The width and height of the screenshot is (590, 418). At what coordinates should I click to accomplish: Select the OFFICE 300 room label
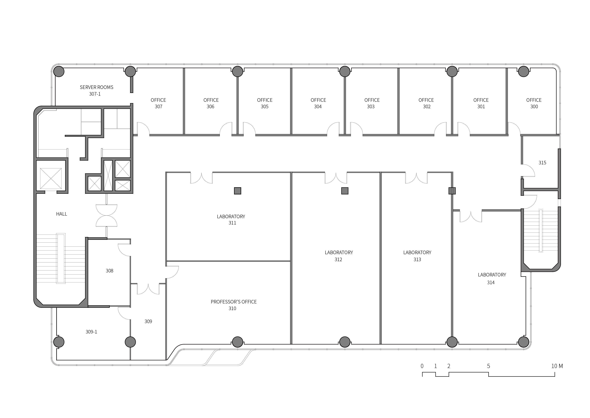pos(534,103)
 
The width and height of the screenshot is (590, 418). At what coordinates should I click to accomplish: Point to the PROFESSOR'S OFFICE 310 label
pos(234,305)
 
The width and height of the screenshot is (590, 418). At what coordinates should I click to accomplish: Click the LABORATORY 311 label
pos(231,220)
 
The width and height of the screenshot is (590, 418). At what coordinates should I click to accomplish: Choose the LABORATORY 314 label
pos(492,279)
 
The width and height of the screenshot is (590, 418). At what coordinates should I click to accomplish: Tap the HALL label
pos(61,214)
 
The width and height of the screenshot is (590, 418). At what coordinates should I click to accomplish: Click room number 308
pos(109,270)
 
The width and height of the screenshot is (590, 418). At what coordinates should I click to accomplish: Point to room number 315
pos(542,163)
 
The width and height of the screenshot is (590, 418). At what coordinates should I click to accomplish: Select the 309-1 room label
pos(91,332)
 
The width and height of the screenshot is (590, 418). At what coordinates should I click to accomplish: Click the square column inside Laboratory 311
pos(238,191)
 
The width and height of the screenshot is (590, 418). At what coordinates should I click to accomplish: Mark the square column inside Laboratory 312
pos(345,191)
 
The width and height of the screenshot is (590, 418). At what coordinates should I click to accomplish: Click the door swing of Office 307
pos(143,129)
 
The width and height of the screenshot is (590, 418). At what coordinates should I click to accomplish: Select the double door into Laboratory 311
pos(202,178)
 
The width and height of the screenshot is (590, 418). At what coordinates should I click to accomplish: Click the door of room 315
pos(529,170)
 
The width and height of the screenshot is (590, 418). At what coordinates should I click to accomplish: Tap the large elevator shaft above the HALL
pos(51,179)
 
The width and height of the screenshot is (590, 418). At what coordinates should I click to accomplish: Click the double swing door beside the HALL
pos(107,215)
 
